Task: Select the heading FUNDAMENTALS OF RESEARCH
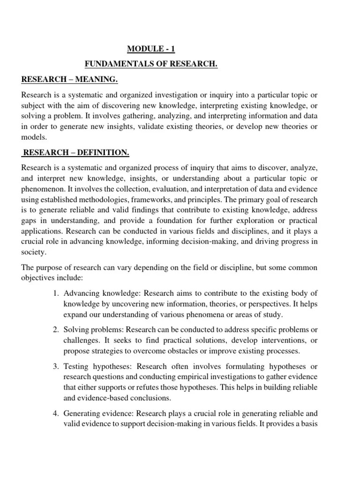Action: pyautogui.click(x=151, y=64)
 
